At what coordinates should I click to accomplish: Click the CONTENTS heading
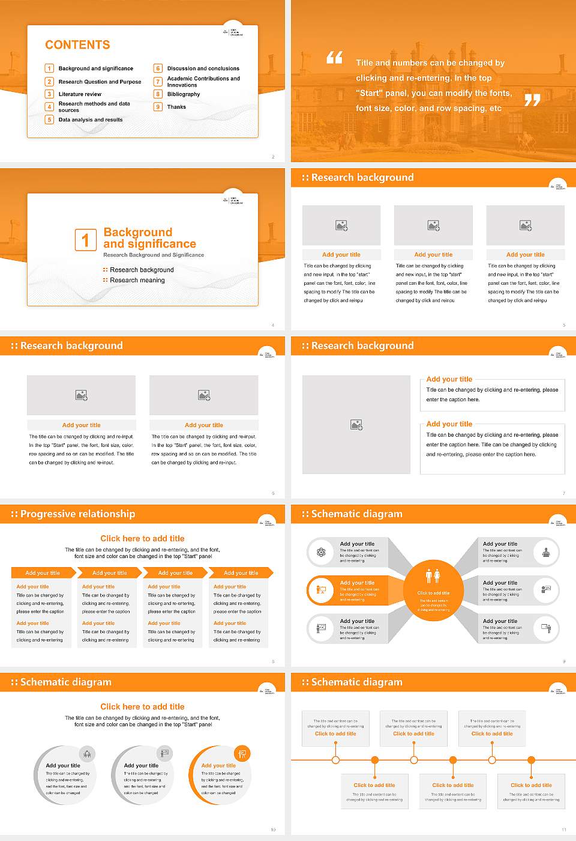(x=77, y=45)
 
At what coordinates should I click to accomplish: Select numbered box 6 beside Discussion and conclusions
(x=158, y=68)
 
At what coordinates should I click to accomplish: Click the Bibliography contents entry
(x=184, y=94)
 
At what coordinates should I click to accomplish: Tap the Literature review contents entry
(x=80, y=94)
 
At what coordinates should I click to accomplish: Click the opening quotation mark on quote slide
(x=334, y=58)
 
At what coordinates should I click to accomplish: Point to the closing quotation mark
(x=532, y=100)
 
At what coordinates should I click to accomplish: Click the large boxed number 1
(x=85, y=240)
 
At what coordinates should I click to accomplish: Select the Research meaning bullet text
(x=137, y=281)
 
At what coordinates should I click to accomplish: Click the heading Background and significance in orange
(x=149, y=238)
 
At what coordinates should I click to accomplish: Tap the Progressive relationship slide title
(x=77, y=514)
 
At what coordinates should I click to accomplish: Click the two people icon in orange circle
(x=433, y=576)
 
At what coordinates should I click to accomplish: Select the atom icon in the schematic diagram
(x=321, y=552)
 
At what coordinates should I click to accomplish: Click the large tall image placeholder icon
(x=356, y=425)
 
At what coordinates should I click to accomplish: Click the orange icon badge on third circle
(x=242, y=753)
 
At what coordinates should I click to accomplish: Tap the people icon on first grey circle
(x=87, y=754)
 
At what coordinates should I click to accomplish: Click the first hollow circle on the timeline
(x=335, y=760)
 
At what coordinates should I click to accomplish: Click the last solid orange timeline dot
(x=531, y=760)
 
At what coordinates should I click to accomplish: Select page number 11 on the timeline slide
(x=563, y=830)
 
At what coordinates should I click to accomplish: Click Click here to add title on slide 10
(x=142, y=707)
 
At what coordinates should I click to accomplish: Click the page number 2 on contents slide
(x=273, y=157)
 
